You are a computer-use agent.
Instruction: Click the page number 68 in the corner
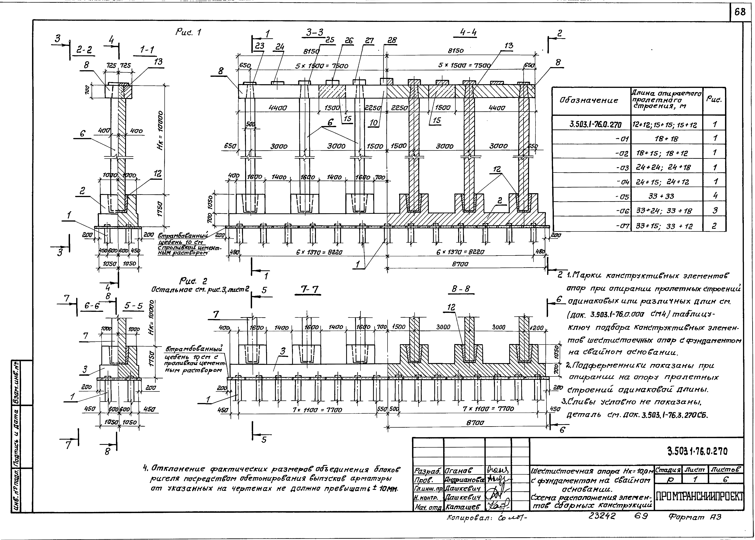(x=740, y=12)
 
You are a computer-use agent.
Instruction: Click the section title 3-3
(x=315, y=33)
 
